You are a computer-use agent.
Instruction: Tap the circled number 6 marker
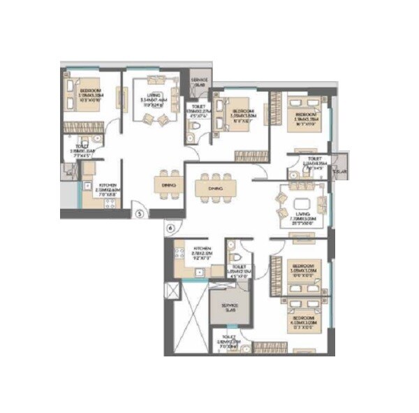click(x=170, y=228)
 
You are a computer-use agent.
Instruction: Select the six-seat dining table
click(x=216, y=188)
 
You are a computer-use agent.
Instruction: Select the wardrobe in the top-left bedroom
click(x=79, y=128)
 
